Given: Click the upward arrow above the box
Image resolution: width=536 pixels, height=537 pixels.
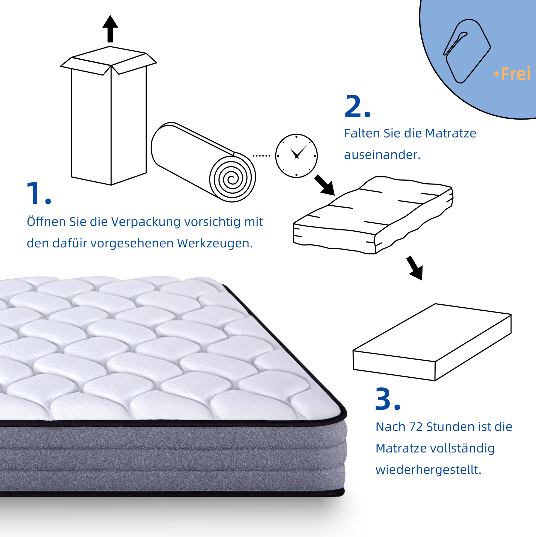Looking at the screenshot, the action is (x=110, y=29).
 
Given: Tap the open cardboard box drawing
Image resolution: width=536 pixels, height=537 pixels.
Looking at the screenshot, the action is (x=109, y=116).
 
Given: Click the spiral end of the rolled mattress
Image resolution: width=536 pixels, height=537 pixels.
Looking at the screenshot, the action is (x=232, y=178).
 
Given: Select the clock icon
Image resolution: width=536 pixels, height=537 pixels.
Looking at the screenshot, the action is (x=297, y=156).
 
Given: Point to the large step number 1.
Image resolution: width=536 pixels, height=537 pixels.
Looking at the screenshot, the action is (x=39, y=193).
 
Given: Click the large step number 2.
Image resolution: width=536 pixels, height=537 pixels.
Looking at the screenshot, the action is (x=358, y=107).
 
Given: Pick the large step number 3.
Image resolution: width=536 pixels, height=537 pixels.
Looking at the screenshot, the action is (x=387, y=399).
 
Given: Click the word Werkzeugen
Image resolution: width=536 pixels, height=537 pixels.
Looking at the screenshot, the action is (x=215, y=243).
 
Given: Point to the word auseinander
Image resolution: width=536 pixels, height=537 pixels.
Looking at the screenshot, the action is (x=382, y=155).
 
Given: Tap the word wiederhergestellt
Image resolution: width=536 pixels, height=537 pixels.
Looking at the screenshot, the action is (x=428, y=470).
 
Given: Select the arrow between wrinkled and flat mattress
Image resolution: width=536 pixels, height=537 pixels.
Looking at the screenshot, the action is (x=415, y=268).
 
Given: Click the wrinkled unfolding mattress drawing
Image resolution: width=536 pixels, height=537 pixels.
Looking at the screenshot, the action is (x=373, y=215).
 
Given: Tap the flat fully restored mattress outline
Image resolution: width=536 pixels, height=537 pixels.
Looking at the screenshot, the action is (x=432, y=342).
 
